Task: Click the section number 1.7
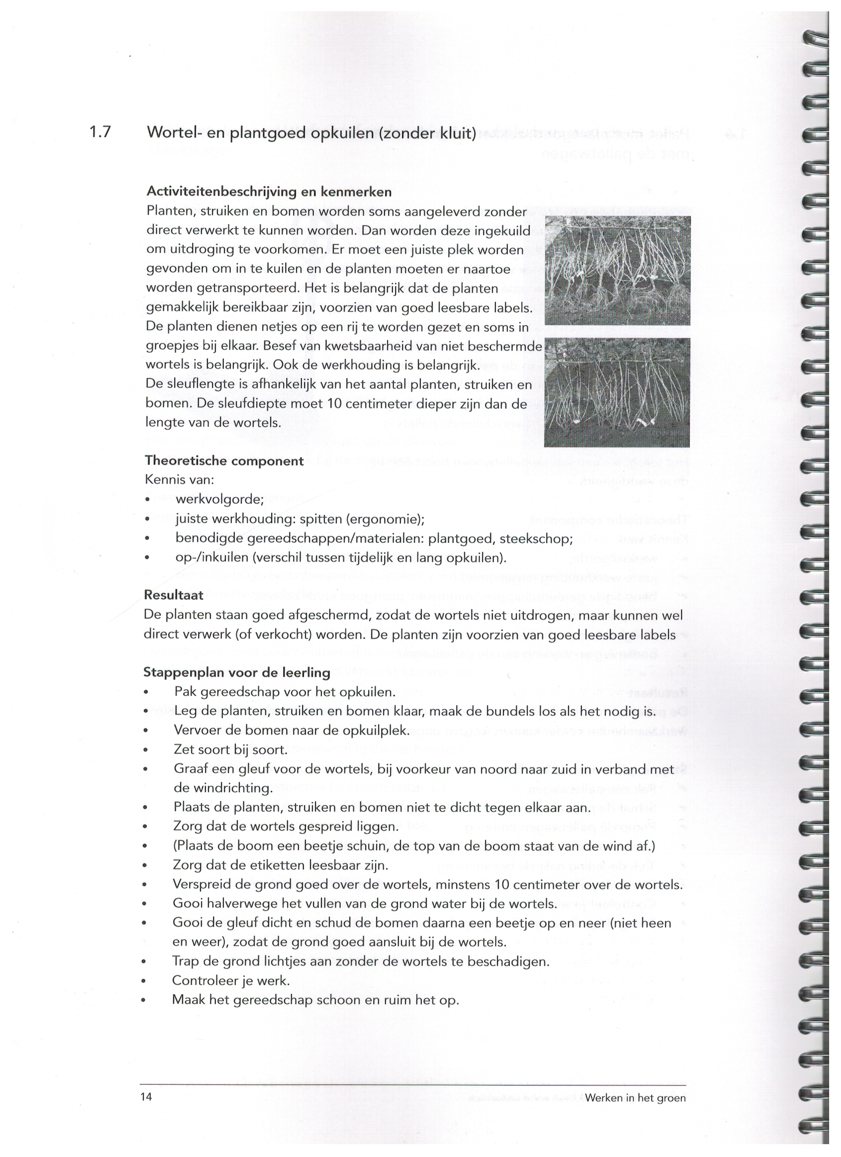[x=100, y=132]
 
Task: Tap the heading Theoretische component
[x=224, y=461]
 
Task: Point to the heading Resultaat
[x=174, y=595]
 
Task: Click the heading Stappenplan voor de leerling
[x=236, y=673]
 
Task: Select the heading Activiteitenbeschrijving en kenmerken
[x=269, y=192]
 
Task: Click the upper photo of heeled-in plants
[x=617, y=270]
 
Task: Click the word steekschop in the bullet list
[x=535, y=539]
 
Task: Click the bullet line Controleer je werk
[x=231, y=980]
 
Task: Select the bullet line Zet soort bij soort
[x=231, y=750]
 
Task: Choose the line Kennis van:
[x=180, y=480]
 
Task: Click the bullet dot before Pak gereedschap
[x=146, y=693]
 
